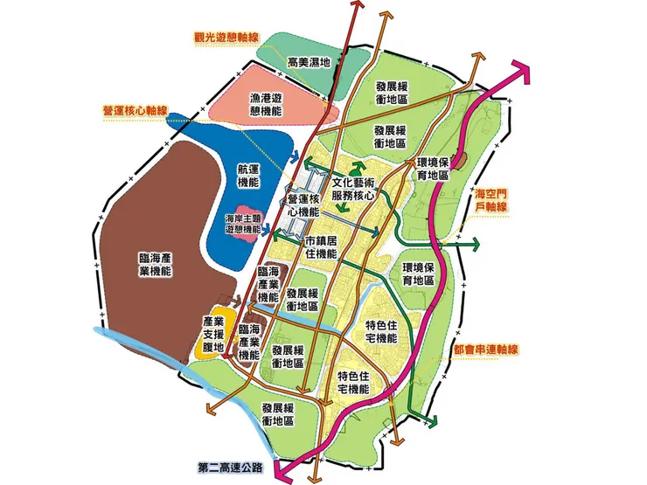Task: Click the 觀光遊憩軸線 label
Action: [x=227, y=38]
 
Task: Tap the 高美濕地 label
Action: [x=308, y=62]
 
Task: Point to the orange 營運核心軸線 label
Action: [x=135, y=112]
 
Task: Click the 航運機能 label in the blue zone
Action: [x=249, y=176]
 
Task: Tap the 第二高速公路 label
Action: [x=230, y=466]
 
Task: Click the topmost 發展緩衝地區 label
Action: [x=391, y=93]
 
